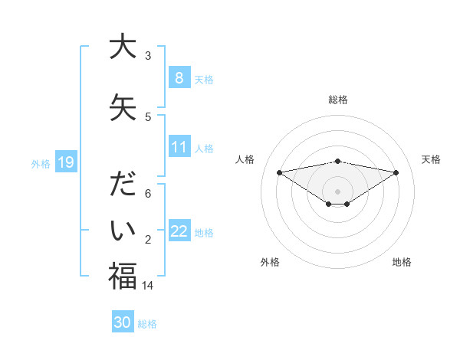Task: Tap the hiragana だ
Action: [123, 186]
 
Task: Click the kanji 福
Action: [123, 277]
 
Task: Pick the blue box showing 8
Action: [179, 77]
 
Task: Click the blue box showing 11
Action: [179, 147]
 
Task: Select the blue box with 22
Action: [179, 231]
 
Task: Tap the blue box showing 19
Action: [66, 162]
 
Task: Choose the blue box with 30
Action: [123, 322]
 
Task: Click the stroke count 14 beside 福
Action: [148, 285]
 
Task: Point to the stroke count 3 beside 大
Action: [148, 55]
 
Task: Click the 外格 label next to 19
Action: [41, 163]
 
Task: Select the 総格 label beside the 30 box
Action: [148, 323]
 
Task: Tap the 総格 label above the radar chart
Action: [337, 100]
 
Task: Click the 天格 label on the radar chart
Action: [431, 159]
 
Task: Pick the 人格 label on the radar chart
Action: [245, 159]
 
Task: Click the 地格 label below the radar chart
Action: [402, 262]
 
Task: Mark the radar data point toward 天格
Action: [396, 172]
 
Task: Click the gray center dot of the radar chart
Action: [337, 191]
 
